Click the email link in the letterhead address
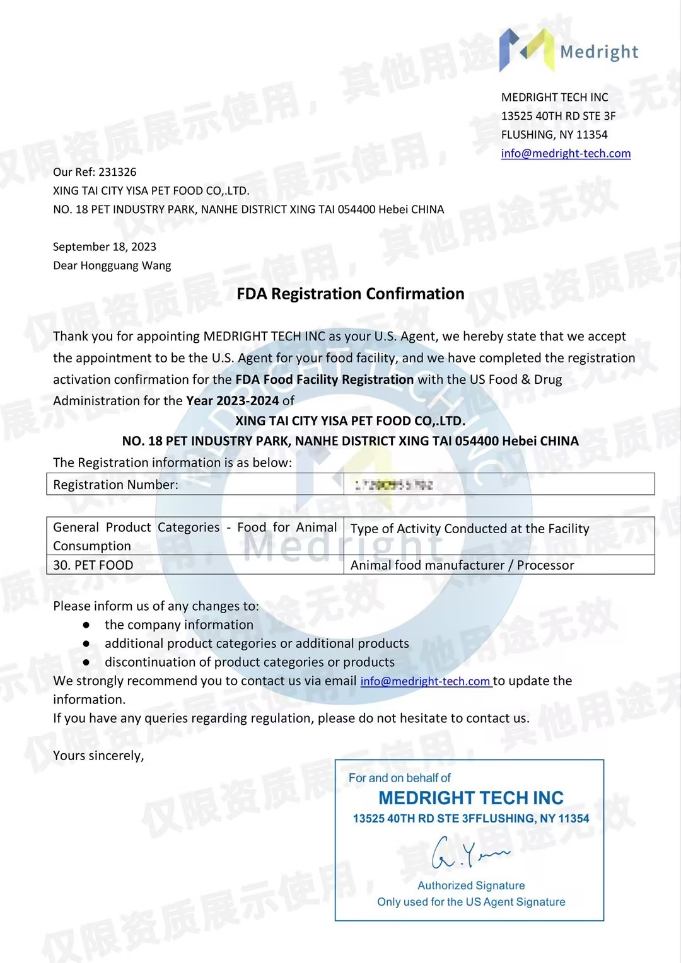[x=566, y=153]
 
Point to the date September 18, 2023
[x=105, y=246]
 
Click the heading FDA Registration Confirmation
[x=351, y=294]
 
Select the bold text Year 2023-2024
[x=232, y=401]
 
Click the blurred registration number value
[x=393, y=485]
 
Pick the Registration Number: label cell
[x=116, y=485]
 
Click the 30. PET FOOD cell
[x=93, y=565]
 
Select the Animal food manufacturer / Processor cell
[x=462, y=565]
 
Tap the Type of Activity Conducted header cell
[x=470, y=529]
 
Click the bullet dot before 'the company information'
[x=86, y=625]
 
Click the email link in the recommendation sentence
[x=426, y=681]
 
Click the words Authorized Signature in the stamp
[x=471, y=885]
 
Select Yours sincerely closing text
[x=98, y=756]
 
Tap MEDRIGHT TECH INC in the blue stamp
[x=471, y=798]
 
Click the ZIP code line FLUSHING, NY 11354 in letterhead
[x=554, y=134]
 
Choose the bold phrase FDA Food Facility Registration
[x=325, y=379]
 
